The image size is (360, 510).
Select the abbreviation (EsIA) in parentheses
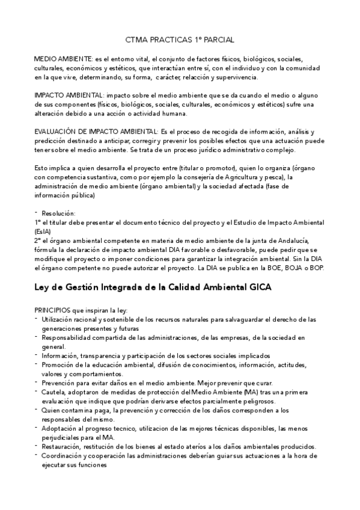(43, 231)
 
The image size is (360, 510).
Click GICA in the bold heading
(257, 287)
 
